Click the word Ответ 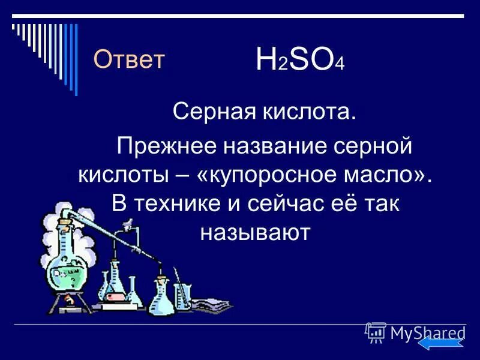point(129,59)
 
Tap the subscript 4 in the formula point(340,67)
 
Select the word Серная point(206,112)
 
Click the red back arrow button point(441,344)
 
